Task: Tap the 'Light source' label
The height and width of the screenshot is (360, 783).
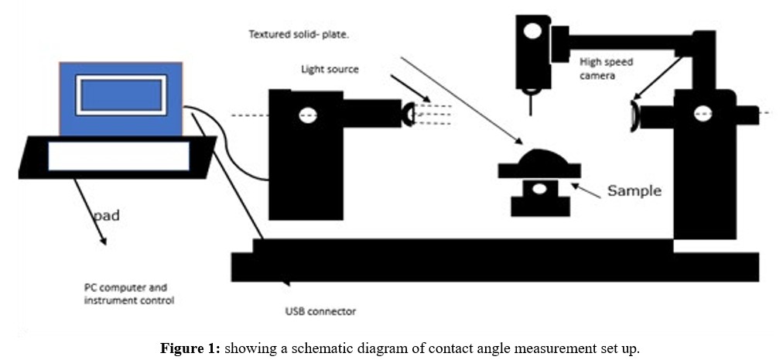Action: [330, 70]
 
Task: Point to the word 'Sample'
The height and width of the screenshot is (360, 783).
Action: [634, 190]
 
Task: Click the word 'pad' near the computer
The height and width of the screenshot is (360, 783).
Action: [107, 216]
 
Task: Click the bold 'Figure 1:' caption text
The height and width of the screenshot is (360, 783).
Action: [190, 348]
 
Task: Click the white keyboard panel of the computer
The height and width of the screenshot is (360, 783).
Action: [118, 156]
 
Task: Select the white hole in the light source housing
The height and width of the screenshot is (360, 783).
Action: [307, 115]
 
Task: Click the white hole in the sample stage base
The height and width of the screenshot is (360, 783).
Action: [539, 190]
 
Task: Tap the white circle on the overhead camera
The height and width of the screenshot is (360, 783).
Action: [532, 32]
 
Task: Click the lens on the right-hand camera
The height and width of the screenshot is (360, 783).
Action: [634, 115]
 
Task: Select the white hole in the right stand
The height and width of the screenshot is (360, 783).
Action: [703, 114]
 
